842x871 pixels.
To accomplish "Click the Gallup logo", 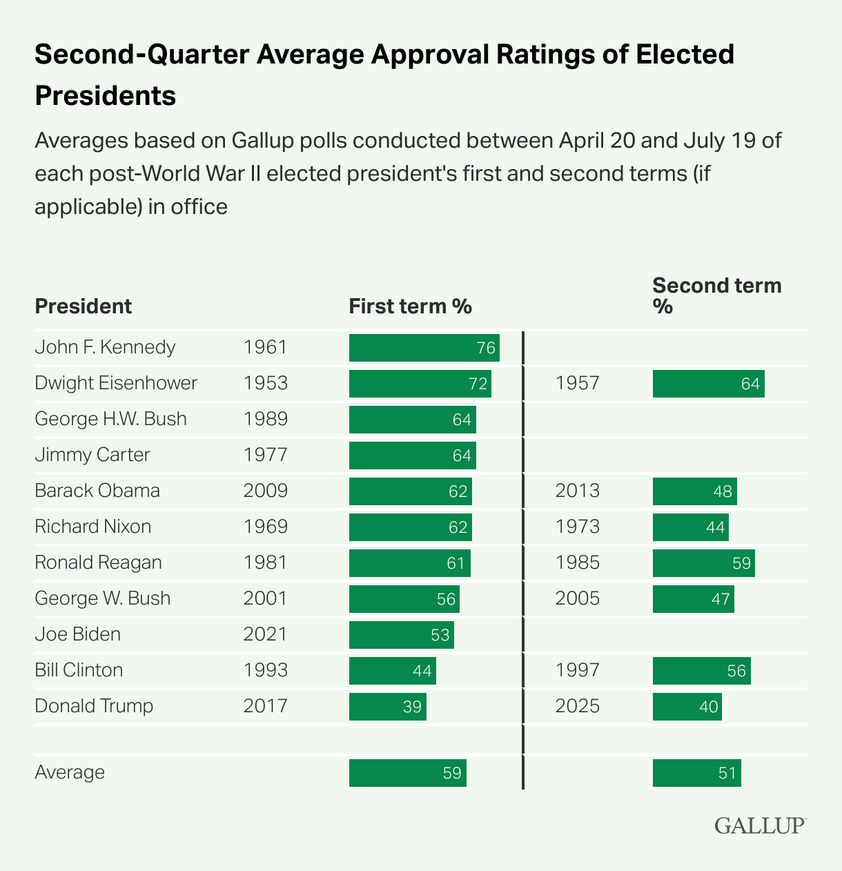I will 760,825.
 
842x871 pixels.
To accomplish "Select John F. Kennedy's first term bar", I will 424,347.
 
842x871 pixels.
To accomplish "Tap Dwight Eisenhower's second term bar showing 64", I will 708,383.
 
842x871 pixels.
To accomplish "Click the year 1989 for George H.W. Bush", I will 265,419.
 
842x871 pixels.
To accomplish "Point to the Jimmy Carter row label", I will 92,455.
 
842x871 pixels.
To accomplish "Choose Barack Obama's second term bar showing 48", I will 694,491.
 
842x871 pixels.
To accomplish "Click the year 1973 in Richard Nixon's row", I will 577,527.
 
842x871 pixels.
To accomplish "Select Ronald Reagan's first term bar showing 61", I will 409,562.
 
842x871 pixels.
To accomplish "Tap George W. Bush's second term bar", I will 693,598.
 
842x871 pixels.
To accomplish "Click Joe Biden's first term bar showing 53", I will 401,634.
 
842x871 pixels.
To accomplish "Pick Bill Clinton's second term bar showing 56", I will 701,670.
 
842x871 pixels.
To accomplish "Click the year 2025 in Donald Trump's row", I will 577,706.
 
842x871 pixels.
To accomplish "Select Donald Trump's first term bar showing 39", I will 387,706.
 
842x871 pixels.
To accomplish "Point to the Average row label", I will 70,772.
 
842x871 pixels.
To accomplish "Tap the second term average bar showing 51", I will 696,772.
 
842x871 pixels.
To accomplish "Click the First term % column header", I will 410,306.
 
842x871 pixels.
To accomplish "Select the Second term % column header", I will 716,295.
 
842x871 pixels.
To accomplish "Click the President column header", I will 83,306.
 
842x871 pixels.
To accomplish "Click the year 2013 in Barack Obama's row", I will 577,491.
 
